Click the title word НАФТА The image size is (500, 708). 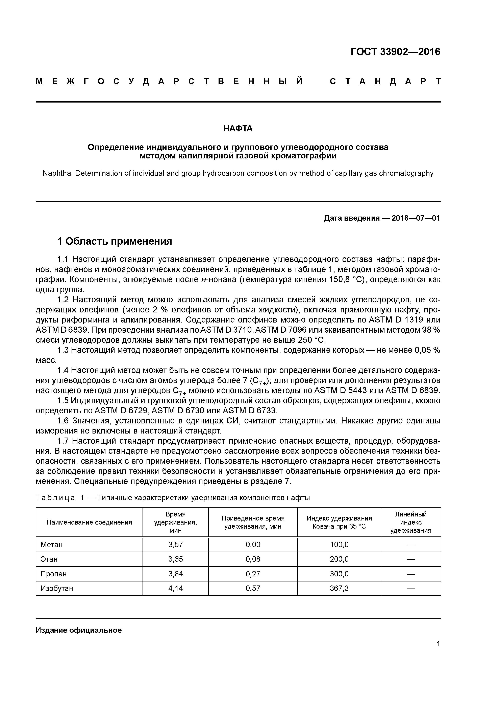(238, 129)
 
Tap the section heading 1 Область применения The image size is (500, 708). (115, 241)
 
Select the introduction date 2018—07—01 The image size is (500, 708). (416, 218)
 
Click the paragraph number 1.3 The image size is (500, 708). (64, 350)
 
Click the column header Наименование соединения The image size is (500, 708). (89, 522)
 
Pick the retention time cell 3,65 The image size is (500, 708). (176, 559)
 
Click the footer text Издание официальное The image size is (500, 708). (79, 630)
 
